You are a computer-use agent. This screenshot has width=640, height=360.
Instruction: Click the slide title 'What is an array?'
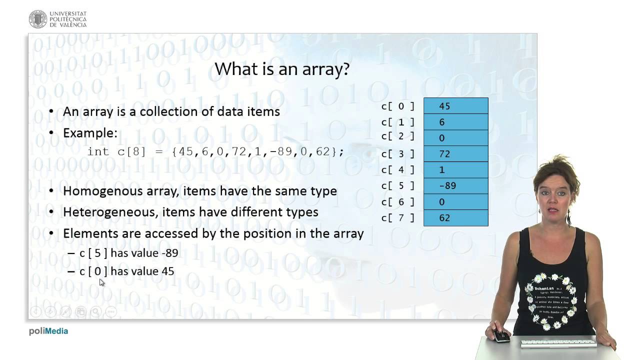[281, 69]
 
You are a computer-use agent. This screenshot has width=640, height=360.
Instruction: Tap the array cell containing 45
[455, 106]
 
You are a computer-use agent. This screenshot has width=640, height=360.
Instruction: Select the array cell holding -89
[455, 185]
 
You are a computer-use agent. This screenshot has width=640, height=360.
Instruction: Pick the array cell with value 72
[455, 154]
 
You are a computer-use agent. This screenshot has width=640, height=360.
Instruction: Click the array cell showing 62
[455, 217]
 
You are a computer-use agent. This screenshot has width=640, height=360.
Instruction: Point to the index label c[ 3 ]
[398, 154]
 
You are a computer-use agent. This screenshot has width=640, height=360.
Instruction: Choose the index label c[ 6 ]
[398, 201]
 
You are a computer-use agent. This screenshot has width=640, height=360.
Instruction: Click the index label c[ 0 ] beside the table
[398, 106]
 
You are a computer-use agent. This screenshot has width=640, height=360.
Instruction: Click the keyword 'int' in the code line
[98, 151]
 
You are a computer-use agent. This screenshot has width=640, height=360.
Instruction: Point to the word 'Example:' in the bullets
[90, 133]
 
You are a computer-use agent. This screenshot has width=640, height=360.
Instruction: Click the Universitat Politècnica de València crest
[38, 19]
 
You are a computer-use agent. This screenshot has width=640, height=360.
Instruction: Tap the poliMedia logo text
[48, 331]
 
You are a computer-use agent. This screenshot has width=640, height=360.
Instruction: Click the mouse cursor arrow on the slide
[101, 282]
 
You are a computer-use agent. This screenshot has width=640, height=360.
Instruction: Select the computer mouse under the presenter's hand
[500, 336]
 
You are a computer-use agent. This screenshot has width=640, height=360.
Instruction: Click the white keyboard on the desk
[557, 343]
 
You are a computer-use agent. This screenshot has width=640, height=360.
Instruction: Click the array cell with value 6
[455, 122]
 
